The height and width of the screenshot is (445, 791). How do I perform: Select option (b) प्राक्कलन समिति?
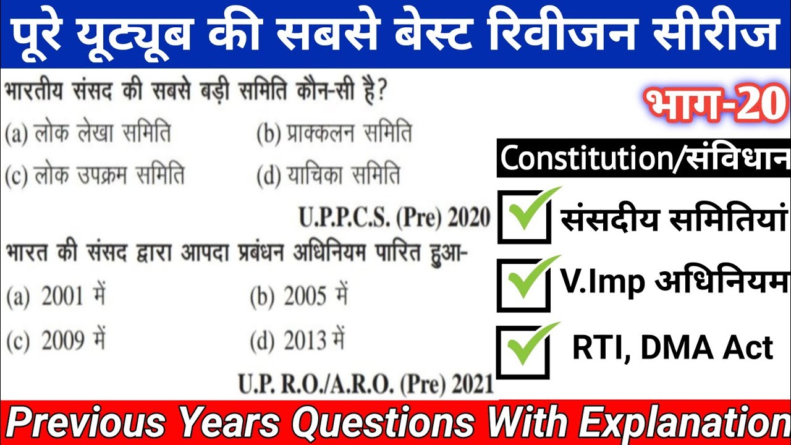[334, 134]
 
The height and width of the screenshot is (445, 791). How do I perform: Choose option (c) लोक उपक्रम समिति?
[95, 176]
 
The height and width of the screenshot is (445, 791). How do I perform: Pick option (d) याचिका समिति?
[328, 176]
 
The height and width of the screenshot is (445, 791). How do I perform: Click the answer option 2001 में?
[56, 297]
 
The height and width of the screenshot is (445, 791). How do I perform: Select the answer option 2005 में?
[298, 297]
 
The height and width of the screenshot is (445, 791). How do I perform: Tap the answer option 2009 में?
[56, 341]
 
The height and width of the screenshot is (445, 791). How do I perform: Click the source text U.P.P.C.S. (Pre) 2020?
[394, 218]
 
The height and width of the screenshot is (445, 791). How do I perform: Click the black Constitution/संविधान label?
[643, 159]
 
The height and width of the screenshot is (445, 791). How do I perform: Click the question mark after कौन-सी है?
[381, 95]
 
